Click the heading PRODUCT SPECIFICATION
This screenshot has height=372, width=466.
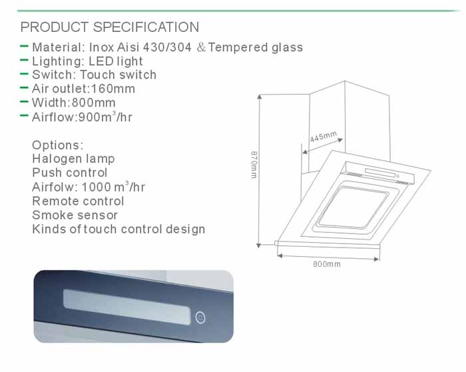pos(110,27)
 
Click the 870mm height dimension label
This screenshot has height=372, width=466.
pos(254,164)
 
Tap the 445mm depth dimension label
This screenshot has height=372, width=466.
pos(324,136)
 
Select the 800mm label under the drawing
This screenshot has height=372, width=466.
pos(327,264)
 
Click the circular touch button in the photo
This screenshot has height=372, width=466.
pos(200,317)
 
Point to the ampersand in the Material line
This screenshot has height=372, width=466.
pos(201,47)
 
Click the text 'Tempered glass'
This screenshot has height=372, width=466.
pos(255,47)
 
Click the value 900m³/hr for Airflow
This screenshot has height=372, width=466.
pos(105,116)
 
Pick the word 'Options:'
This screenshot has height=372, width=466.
pos(58,145)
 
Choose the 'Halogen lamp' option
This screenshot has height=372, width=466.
pos(73,159)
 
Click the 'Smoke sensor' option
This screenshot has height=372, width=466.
pos(75,215)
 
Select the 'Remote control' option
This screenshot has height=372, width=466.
pos(78,201)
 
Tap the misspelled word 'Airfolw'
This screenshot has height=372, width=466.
pos(53,187)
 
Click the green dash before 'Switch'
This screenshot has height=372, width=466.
pos(24,74)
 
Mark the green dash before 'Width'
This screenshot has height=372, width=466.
pos(24,102)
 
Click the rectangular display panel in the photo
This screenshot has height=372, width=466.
pos(127,307)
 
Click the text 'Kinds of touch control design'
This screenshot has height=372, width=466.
pos(118,230)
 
